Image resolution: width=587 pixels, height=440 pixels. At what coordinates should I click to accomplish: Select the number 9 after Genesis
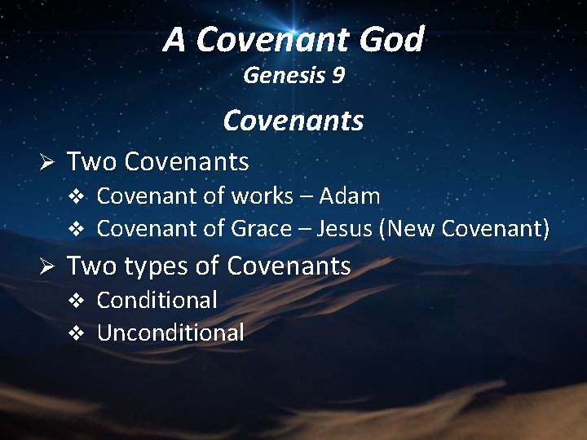tap(338, 76)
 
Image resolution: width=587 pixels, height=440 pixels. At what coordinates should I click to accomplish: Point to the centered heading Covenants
tap(293, 121)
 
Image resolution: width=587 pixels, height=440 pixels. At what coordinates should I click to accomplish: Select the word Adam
tap(350, 196)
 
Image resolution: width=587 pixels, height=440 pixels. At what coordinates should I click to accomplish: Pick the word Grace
tap(261, 229)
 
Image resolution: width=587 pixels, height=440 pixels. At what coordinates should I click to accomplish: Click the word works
tap(262, 196)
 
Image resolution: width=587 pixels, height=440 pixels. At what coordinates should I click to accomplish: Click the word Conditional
tap(157, 300)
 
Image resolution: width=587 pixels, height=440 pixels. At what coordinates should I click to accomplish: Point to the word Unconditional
tap(170, 332)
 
